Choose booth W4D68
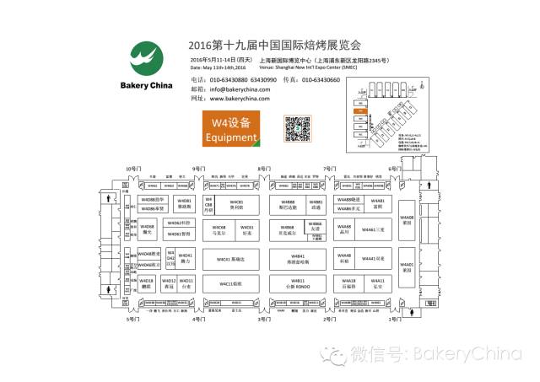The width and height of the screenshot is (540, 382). click(x=147, y=229)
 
